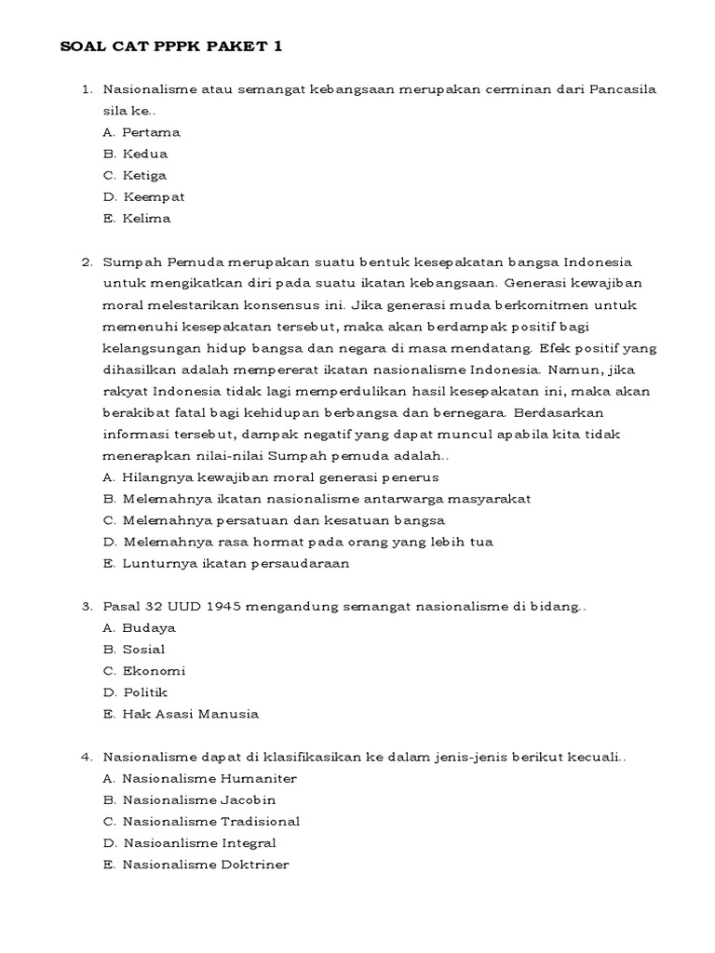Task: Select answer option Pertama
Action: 151,132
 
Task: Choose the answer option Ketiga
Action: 144,175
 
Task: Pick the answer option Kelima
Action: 146,219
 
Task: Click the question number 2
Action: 87,262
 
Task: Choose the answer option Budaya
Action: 149,627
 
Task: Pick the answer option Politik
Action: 144,692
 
